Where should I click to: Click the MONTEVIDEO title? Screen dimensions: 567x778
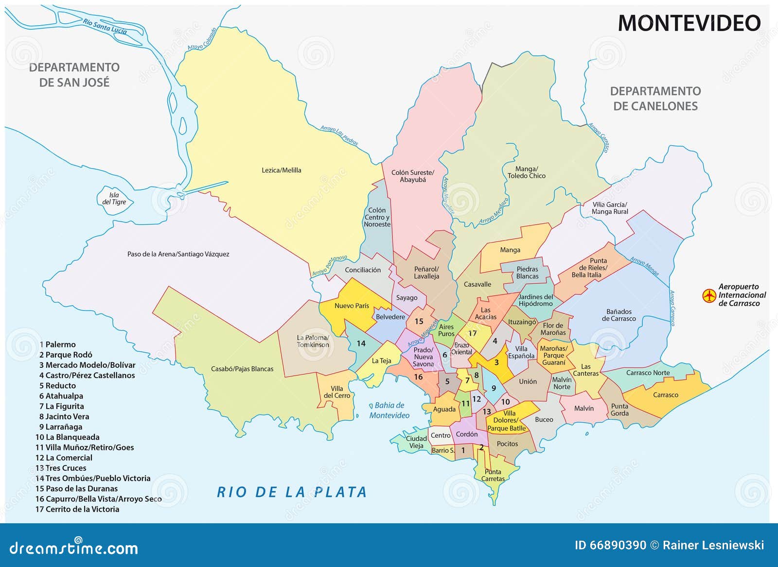click(x=689, y=23)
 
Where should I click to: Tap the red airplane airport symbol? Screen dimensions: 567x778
click(x=709, y=295)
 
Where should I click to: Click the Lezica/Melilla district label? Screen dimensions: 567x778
click(x=281, y=170)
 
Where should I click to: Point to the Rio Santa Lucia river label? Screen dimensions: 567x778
click(x=105, y=26)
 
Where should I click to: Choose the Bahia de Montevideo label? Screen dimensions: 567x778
click(x=389, y=411)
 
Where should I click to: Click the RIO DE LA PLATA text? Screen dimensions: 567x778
click(x=292, y=492)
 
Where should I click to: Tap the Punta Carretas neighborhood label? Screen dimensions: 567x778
click(x=493, y=475)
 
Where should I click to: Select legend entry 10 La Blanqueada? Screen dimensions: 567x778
click(x=68, y=437)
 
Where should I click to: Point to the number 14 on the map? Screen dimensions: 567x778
click(x=361, y=344)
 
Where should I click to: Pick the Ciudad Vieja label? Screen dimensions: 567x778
click(x=416, y=442)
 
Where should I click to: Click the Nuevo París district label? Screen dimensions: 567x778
click(x=352, y=306)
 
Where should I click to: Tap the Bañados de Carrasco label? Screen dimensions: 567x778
click(x=619, y=315)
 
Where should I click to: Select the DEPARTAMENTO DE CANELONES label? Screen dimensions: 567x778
click(x=655, y=99)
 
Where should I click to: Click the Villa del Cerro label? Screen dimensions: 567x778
click(x=337, y=392)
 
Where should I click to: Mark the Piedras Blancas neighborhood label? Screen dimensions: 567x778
click(x=527, y=273)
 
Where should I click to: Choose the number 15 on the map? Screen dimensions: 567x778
click(x=419, y=321)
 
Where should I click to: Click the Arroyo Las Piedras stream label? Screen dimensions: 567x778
click(x=339, y=136)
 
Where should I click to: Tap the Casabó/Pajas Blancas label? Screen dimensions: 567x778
click(x=242, y=369)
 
